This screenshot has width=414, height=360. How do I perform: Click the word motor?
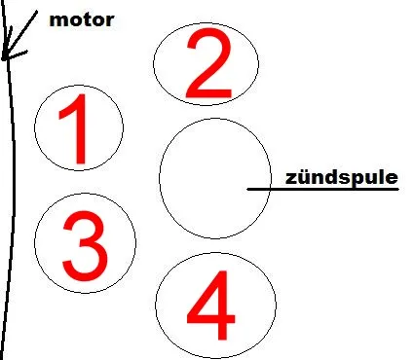tap(82, 20)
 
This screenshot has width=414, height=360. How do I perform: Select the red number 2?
tap(208, 63)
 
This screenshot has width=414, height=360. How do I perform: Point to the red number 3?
tap(85, 245)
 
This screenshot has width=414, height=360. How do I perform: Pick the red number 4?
tap(211, 306)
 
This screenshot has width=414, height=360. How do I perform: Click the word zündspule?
tap(342, 178)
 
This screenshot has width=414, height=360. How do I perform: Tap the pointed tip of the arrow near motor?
tap(3, 59)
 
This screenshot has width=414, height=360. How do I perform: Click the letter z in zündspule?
tap(291, 179)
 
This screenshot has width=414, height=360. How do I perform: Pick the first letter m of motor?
tap(58, 21)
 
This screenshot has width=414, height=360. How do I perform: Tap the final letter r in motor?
tap(109, 21)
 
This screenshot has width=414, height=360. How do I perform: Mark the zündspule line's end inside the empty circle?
tap(247, 189)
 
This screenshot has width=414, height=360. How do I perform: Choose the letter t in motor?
tap(85, 20)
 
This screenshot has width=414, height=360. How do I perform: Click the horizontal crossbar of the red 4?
tap(211, 318)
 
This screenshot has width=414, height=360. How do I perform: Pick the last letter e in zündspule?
tap(393, 179)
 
